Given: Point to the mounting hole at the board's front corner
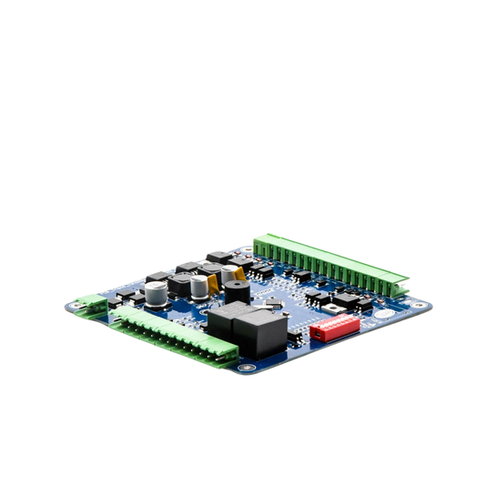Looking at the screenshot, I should (x=244, y=369).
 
